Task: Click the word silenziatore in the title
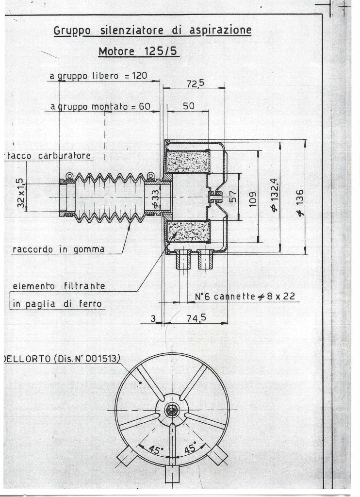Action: pyautogui.click(x=132, y=31)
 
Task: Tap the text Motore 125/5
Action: pyautogui.click(x=138, y=51)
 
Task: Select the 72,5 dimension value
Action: pyautogui.click(x=195, y=83)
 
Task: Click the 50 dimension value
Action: pyautogui.click(x=189, y=106)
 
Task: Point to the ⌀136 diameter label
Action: pyautogui.click(x=300, y=203)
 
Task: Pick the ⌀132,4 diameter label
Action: pyautogui.click(x=274, y=195)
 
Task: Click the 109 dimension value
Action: pyautogui.click(x=253, y=199)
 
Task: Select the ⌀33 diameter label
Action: pyautogui.click(x=156, y=199)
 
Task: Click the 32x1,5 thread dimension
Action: pyautogui.click(x=20, y=193)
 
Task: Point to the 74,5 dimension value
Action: pyautogui.click(x=196, y=317)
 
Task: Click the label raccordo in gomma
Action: pyautogui.click(x=58, y=249)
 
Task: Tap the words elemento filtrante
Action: pyautogui.click(x=59, y=286)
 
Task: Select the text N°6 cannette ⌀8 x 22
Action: pyautogui.click(x=245, y=297)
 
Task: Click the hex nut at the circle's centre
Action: pyautogui.click(x=172, y=411)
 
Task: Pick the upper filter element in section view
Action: pyautogui.click(x=188, y=161)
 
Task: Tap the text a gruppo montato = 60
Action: pyautogui.click(x=100, y=107)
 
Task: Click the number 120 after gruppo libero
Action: pyautogui.click(x=140, y=76)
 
